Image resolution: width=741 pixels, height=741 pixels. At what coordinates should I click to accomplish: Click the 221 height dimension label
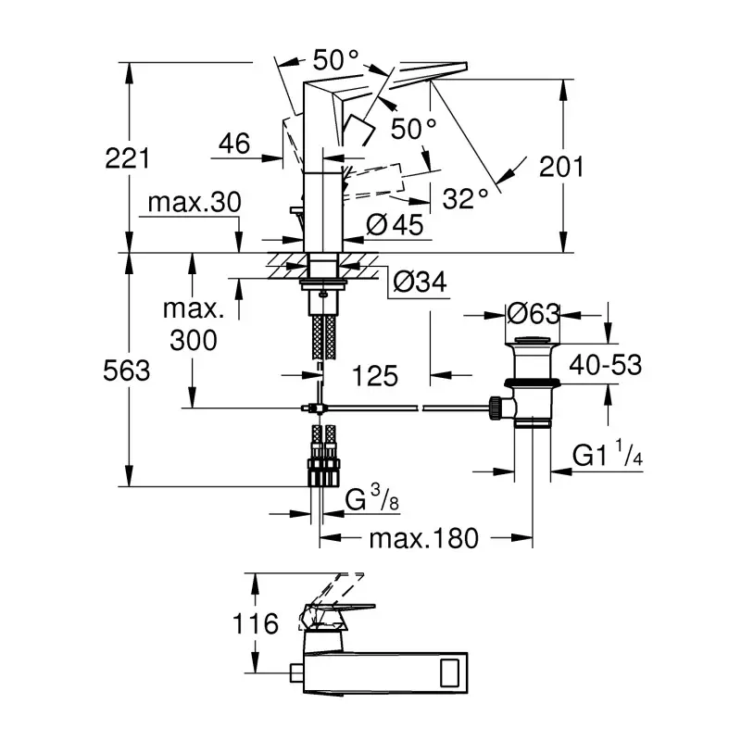pos(128,157)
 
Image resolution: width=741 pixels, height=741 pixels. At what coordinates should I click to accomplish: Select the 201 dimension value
pos(562,167)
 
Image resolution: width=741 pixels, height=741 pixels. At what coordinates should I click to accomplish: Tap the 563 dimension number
pos(128,370)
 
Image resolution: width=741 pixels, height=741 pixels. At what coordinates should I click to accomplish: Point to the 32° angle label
pos(465,198)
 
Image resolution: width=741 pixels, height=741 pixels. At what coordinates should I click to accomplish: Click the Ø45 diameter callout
pos(395,224)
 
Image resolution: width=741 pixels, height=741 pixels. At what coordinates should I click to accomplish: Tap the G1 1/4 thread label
pos(607,455)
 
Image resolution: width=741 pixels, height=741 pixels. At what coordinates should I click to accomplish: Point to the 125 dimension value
pos(375,375)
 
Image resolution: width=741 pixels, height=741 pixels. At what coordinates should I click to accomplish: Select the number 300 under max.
pos(194,340)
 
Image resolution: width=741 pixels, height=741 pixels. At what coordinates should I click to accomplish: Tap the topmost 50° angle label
pos(334,60)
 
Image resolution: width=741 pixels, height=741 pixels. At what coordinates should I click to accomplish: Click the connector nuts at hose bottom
pos(320,469)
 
